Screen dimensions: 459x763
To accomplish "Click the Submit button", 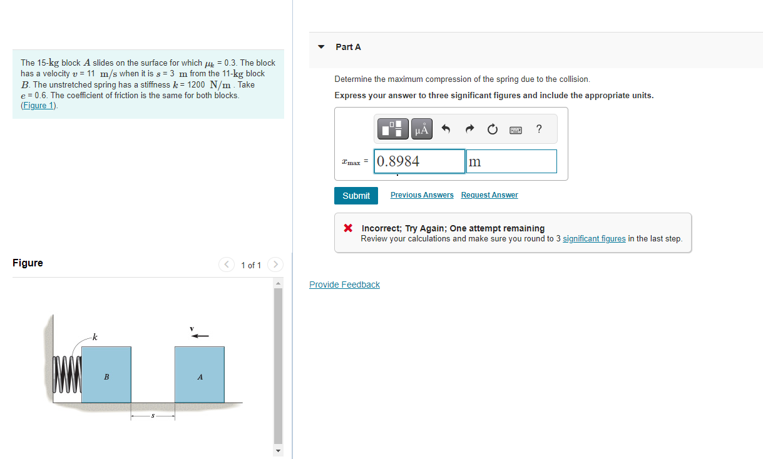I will [356, 196].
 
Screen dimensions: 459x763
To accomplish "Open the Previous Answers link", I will [422, 195].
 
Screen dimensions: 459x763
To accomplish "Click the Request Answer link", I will [489, 195].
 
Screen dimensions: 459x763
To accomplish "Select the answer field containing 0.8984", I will [419, 161].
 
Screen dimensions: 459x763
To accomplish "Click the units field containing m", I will [511, 161].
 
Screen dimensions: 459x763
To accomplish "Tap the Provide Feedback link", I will [344, 285].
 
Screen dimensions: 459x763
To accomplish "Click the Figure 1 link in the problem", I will [39, 105].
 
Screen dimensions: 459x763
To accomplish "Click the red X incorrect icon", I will [348, 228].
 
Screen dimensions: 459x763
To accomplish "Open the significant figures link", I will [594, 239].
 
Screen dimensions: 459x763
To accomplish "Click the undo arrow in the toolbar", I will [446, 129].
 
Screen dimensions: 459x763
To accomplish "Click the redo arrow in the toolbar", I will [469, 129].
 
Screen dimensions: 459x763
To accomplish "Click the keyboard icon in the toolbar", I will [516, 129].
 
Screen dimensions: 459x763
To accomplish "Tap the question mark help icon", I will [539, 129].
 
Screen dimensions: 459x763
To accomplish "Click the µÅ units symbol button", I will [422, 129].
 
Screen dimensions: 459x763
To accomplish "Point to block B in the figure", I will [106, 375].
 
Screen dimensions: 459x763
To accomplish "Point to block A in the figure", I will [200, 375].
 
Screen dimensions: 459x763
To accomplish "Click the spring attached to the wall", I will [68, 374].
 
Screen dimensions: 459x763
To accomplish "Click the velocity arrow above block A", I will [200, 336].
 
